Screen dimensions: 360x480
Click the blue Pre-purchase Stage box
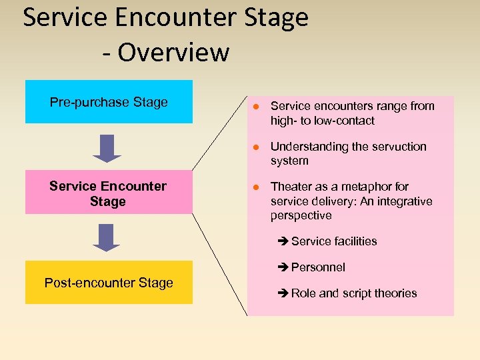point(109,102)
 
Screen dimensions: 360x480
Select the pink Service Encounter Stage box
point(108,193)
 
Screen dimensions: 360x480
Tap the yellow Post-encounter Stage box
point(109,282)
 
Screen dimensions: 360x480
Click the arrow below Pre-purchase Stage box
point(107,148)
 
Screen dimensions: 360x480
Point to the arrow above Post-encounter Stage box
point(107,237)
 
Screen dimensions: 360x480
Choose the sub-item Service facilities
point(333,241)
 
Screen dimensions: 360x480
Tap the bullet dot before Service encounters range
point(255,107)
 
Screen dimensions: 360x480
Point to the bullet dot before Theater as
point(255,187)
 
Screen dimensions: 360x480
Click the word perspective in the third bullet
point(301,216)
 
